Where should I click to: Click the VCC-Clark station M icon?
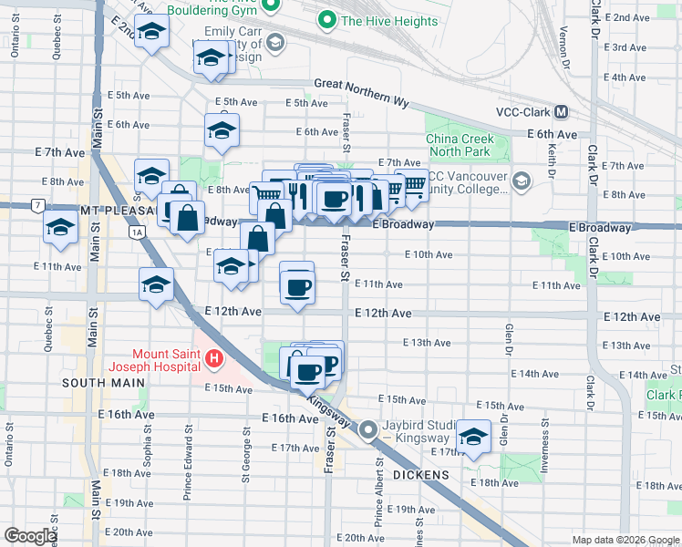(561, 112)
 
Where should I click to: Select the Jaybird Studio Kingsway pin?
(368, 429)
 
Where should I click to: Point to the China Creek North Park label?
(460, 146)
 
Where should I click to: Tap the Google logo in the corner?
(29, 536)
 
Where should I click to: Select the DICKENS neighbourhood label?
(422, 475)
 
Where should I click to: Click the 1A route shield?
(138, 232)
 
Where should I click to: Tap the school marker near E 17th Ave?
(474, 437)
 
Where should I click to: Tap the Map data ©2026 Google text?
(625, 540)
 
